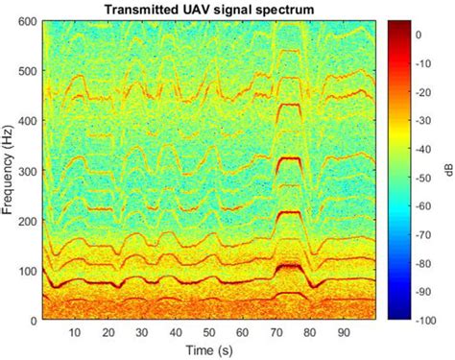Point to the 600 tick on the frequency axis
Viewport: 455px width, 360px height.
pyautogui.click(x=26, y=21)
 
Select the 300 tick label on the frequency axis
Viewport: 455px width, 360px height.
pyautogui.click(x=26, y=171)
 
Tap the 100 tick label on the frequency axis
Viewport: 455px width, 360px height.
pyautogui.click(x=26, y=271)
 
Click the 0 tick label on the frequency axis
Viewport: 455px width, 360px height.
pyautogui.click(x=33, y=321)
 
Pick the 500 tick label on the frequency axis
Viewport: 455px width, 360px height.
pyautogui.click(x=26, y=71)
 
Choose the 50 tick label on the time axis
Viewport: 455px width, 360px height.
pyautogui.click(x=207, y=331)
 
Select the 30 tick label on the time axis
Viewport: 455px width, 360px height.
pyautogui.click(x=141, y=331)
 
